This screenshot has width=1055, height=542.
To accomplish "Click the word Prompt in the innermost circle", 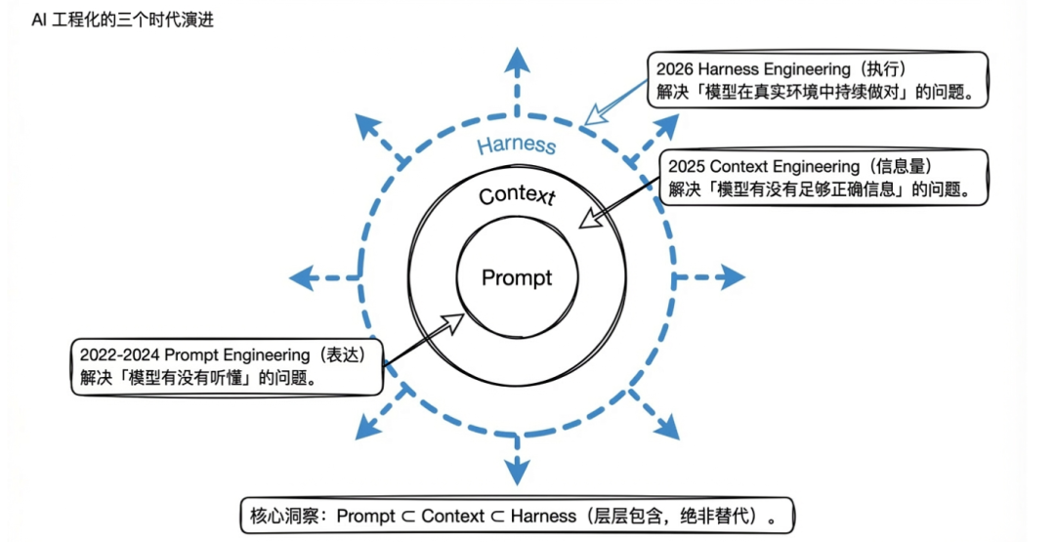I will pos(517,277).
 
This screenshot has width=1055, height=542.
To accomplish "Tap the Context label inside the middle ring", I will pos(517,195).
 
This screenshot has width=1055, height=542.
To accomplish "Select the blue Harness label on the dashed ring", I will pos(516,146).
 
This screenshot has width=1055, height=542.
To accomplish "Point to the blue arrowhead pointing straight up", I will pos(517,60).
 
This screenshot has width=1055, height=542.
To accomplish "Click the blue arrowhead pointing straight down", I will pos(517,474).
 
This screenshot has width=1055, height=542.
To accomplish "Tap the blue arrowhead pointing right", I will pos(732,277).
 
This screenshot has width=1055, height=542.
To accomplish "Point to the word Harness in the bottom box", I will pos(545,516).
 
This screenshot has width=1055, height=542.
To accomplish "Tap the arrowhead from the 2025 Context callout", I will pos(584,223).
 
